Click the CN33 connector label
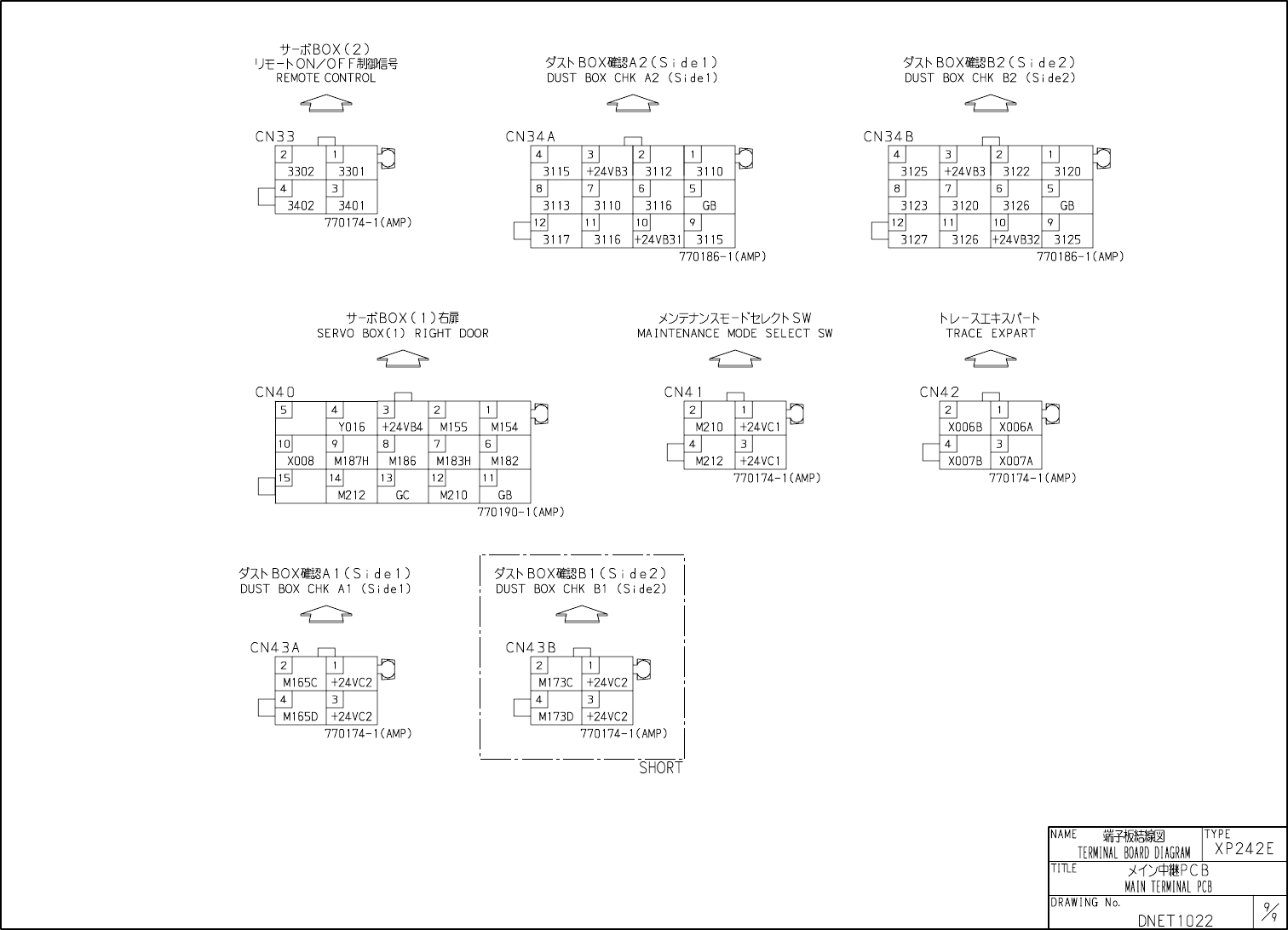pyautogui.click(x=275, y=136)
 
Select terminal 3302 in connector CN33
pyautogui.click(x=301, y=171)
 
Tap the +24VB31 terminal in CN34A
pyautogui.click(x=658, y=240)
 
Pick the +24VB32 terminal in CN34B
pyautogui.click(x=1015, y=240)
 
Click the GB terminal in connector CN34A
pyautogui.click(x=710, y=206)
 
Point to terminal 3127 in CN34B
pyautogui.click(x=914, y=240)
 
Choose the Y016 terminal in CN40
pyautogui.click(x=352, y=428)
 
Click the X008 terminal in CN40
pyautogui.click(x=301, y=462)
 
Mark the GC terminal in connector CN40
pyautogui.click(x=403, y=496)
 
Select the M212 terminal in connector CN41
pyautogui.click(x=710, y=462)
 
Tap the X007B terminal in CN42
pyautogui.click(x=965, y=462)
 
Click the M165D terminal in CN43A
pyautogui.click(x=301, y=717)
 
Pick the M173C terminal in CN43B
pyautogui.click(x=556, y=683)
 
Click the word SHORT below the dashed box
pyautogui.click(x=661, y=768)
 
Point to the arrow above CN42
pyautogui.click(x=991, y=359)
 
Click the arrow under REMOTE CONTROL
pyautogui.click(x=326, y=103)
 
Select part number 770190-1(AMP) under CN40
pyautogui.click(x=520, y=513)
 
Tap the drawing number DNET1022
pyautogui.click(x=1175, y=921)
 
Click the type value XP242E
pyautogui.click(x=1245, y=849)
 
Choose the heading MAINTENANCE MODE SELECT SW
pyautogui.click(x=735, y=334)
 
